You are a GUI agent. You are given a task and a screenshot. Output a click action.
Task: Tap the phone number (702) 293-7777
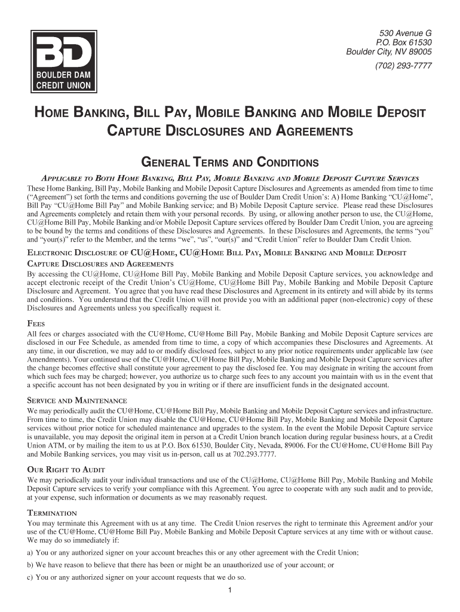coord(403,66)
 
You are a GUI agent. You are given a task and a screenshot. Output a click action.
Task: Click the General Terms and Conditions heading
coord(229,163)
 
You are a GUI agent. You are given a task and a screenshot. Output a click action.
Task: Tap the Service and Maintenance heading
coord(77,400)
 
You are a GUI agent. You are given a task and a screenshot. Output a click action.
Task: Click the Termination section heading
coord(52,513)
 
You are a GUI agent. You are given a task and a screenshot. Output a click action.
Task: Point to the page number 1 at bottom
coord(230,591)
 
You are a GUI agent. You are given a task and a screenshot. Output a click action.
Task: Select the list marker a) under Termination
coord(31,553)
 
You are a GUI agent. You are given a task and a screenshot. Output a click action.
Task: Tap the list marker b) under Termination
coord(31,564)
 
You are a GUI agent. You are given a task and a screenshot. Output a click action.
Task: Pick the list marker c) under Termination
coord(31,577)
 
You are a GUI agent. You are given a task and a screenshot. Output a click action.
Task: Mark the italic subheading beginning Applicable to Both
coord(229,178)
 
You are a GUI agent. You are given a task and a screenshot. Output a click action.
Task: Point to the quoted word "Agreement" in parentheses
coord(50,196)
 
